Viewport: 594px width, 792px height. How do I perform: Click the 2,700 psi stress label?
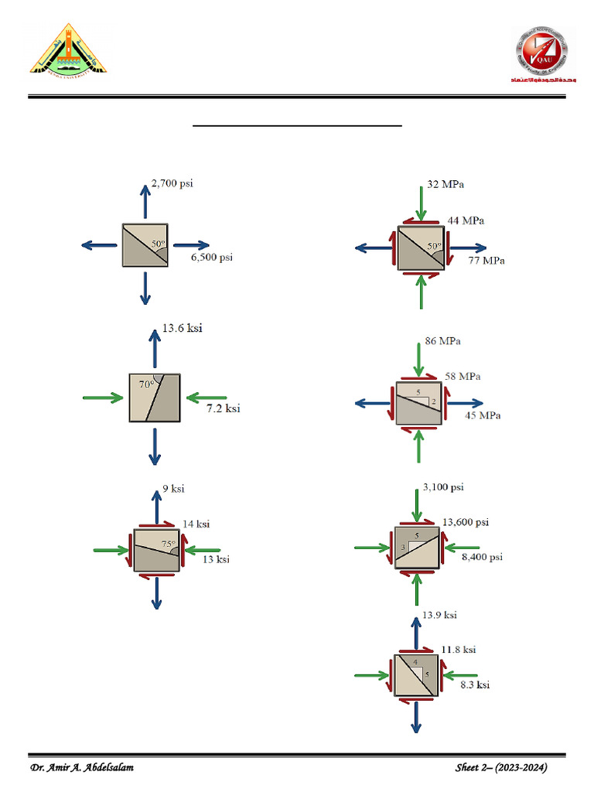tap(172, 183)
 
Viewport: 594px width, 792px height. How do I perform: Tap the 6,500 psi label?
tap(211, 258)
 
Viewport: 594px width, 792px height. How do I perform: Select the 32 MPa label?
tap(445, 185)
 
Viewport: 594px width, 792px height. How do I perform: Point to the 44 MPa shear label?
tap(466, 221)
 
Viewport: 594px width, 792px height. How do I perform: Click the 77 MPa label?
tap(486, 261)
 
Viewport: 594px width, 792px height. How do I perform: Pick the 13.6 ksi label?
tap(182, 328)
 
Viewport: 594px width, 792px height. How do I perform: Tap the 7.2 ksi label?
tap(223, 408)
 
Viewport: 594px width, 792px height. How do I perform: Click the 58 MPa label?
tap(462, 376)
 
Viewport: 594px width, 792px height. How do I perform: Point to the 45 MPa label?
tap(482, 415)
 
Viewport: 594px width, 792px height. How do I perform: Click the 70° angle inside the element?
tap(147, 384)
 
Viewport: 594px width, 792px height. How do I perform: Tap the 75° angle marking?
tap(168, 544)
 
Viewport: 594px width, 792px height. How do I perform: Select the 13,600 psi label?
tap(465, 522)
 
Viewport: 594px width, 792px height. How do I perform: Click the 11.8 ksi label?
tap(459, 650)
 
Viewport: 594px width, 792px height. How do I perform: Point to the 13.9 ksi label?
tap(439, 615)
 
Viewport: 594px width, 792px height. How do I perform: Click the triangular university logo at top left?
tap(67, 49)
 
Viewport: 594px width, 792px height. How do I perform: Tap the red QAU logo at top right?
tap(542, 54)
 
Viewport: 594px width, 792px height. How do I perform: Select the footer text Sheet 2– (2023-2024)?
tap(502, 768)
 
